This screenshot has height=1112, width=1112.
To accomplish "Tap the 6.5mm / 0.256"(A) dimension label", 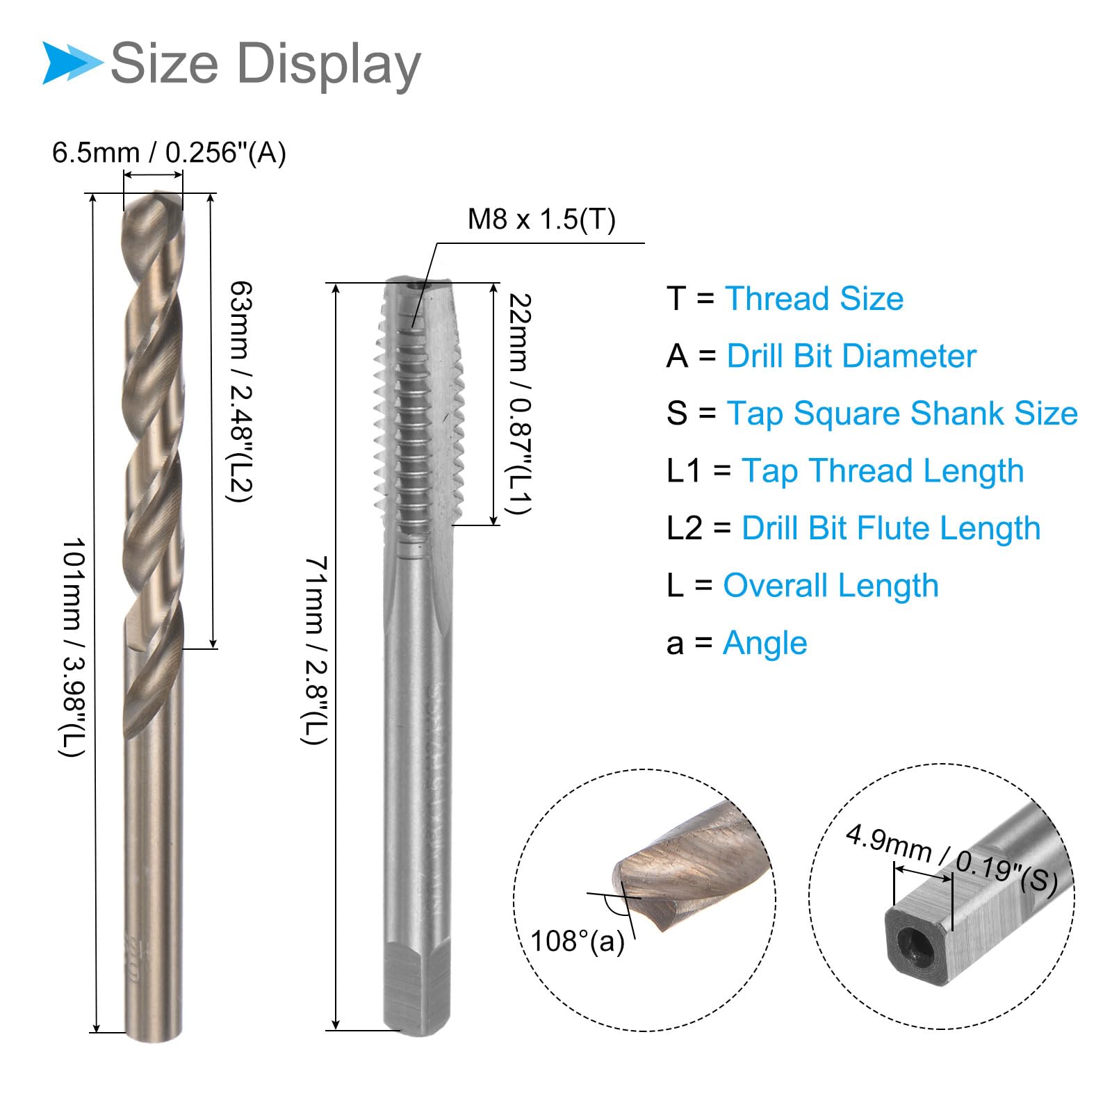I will click(x=169, y=153).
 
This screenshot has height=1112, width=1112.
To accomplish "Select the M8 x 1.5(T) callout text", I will click(x=541, y=220).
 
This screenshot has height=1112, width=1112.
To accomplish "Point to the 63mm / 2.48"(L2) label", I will click(x=240, y=391).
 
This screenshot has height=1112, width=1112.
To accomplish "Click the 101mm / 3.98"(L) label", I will click(x=72, y=646).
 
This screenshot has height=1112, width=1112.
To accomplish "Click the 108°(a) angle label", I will click(x=577, y=941).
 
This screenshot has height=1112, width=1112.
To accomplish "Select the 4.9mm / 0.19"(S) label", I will click(x=951, y=859).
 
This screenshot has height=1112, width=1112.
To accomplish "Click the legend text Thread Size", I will click(x=814, y=299).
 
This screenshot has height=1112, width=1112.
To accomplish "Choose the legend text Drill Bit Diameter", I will click(x=851, y=357).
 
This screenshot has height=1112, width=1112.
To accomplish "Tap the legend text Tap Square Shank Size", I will click(x=901, y=414).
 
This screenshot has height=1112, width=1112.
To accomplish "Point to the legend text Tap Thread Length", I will click(x=883, y=471).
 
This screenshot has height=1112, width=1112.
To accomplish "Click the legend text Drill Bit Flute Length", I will click(x=890, y=528).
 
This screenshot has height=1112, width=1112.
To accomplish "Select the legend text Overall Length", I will click(x=831, y=586).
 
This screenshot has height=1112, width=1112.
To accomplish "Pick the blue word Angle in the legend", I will click(x=764, y=644).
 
